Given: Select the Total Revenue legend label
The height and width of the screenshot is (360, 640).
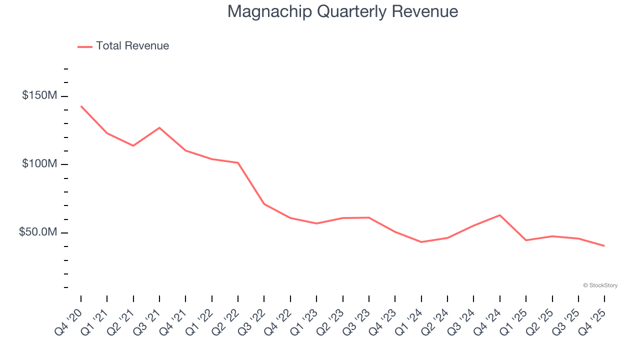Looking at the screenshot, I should pos(132,46).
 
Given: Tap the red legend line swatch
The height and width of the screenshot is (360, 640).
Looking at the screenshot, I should pos(85,46).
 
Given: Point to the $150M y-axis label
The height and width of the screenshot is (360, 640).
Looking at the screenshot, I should pos(39,95).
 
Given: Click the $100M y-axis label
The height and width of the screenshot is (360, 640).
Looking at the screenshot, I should pos(39,164).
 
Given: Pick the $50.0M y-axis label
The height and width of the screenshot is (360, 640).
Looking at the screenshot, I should pos(38,232).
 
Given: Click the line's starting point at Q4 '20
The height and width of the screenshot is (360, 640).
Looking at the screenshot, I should pos(81,106).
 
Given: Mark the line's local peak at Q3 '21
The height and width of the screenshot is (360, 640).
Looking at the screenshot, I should pos(159,127).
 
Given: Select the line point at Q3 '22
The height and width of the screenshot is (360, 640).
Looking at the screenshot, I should pos(264,204).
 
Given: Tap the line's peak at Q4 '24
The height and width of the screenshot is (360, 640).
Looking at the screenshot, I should pos(500,215).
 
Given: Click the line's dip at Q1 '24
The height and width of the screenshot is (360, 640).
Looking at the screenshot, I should pos(421,242).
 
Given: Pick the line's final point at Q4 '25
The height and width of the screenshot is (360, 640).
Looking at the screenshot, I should pos(604,246).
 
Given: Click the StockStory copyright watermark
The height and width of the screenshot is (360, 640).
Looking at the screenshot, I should pos(600,285).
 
